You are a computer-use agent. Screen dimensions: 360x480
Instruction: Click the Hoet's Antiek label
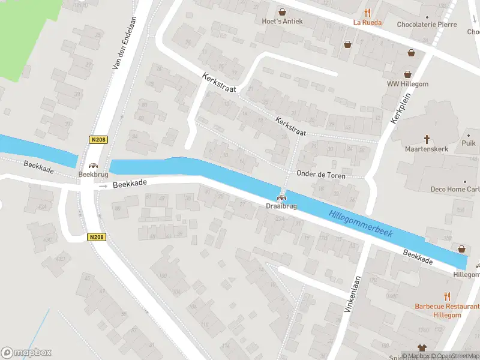click(x=281, y=22)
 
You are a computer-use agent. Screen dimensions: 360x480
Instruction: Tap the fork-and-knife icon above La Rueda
click(x=368, y=12)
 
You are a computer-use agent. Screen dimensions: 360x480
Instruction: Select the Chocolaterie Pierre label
click(x=427, y=25)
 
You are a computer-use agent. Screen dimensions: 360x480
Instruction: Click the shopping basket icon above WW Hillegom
click(x=408, y=74)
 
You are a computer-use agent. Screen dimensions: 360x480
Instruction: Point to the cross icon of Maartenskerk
click(x=427, y=138)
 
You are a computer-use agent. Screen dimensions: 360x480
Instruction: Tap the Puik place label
click(x=469, y=143)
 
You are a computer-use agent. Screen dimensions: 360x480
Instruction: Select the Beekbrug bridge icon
click(x=92, y=166)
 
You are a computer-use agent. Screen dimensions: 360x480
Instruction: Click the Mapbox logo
click(x=26, y=353)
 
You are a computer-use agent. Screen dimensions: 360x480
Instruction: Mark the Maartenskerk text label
click(x=427, y=149)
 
